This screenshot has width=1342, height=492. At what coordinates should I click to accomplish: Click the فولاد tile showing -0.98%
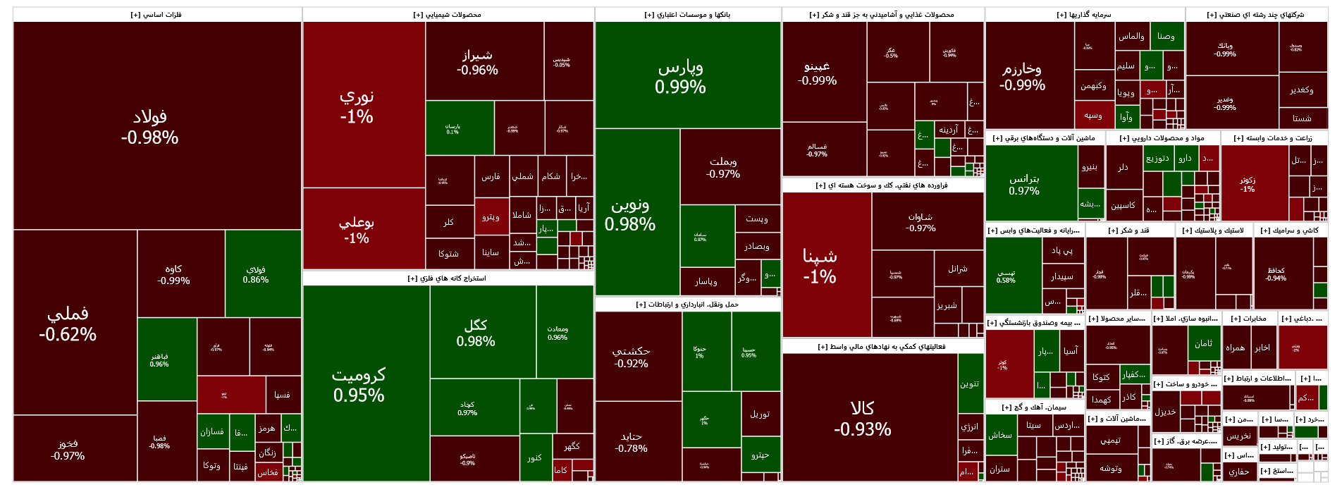coord(149,127)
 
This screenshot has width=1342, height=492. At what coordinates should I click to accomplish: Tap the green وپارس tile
coord(680,76)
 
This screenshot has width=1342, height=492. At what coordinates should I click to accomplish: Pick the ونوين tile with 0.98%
coord(630,214)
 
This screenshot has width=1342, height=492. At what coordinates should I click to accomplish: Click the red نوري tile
coord(357,106)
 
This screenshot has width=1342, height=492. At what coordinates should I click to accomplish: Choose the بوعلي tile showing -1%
coord(357,229)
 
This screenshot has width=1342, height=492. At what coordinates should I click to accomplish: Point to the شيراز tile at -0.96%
coord(477,62)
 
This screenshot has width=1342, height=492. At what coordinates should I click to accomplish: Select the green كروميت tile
coord(359,384)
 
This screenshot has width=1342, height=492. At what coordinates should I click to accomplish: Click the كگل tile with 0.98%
coord(476,332)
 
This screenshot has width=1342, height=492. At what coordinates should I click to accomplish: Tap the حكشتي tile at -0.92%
coord(632,357)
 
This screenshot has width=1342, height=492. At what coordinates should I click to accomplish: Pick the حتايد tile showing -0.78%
coord(632,442)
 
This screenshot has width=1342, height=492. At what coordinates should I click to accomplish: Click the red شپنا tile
coord(820,265)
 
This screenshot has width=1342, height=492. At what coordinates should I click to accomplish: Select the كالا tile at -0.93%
coord(863,418)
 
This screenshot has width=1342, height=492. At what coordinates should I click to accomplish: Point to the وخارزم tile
coord(1023,76)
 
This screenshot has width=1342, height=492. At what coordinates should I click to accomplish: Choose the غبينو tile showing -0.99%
coord(818,73)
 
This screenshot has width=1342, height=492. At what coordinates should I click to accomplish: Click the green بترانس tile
coord(1024,184)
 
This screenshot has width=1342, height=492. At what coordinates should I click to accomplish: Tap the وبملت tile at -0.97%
coord(723,167)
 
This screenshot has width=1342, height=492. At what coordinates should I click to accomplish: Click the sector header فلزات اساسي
coord(156,15)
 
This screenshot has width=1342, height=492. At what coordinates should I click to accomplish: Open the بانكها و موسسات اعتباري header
coord(687,15)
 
